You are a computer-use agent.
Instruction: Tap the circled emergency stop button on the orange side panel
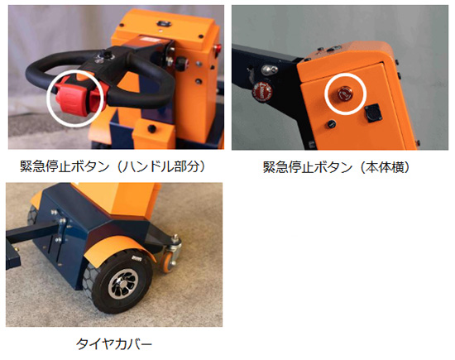(345, 94)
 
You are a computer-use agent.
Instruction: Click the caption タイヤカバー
(114, 344)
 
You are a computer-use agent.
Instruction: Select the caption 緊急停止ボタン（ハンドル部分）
(113, 166)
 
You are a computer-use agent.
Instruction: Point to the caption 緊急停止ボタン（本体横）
(337, 167)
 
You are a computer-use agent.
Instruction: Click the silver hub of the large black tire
(123, 283)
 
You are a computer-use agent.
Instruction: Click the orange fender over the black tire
(121, 247)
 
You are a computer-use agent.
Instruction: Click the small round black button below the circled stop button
(331, 124)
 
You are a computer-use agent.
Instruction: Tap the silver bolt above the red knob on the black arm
(269, 70)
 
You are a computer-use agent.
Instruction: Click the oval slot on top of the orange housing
(162, 23)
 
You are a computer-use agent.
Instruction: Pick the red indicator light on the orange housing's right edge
(218, 49)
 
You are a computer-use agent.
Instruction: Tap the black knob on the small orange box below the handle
(151, 127)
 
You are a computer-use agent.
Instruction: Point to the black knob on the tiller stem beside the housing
(180, 62)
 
